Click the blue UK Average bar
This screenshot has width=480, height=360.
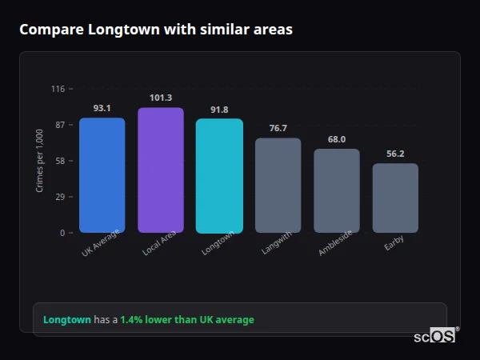pyautogui.click(x=102, y=175)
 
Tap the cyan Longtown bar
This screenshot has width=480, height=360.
pyautogui.click(x=219, y=176)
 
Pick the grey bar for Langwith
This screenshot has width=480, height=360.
pyautogui.click(x=278, y=185)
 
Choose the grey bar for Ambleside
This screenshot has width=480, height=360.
pyautogui.click(x=337, y=190)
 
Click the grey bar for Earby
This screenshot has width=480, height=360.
pyautogui.click(x=395, y=198)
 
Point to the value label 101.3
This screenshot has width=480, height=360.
pyautogui.click(x=161, y=98)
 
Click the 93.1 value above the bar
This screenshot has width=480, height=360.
pyautogui.click(x=102, y=108)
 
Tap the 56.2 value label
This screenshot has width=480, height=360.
pyautogui.click(x=395, y=154)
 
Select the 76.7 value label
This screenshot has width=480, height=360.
pyautogui.click(x=278, y=128)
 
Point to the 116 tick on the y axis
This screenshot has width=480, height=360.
pyautogui.click(x=58, y=89)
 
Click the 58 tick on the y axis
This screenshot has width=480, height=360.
pyautogui.click(x=60, y=161)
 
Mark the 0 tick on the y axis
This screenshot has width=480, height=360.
pyautogui.click(x=62, y=233)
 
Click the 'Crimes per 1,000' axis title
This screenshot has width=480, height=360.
pyautogui.click(x=40, y=161)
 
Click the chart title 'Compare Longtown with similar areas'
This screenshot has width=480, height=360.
pyautogui.click(x=156, y=30)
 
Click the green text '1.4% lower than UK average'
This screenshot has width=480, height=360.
pyautogui.click(x=187, y=320)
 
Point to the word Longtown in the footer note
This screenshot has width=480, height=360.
pyautogui.click(x=67, y=320)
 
